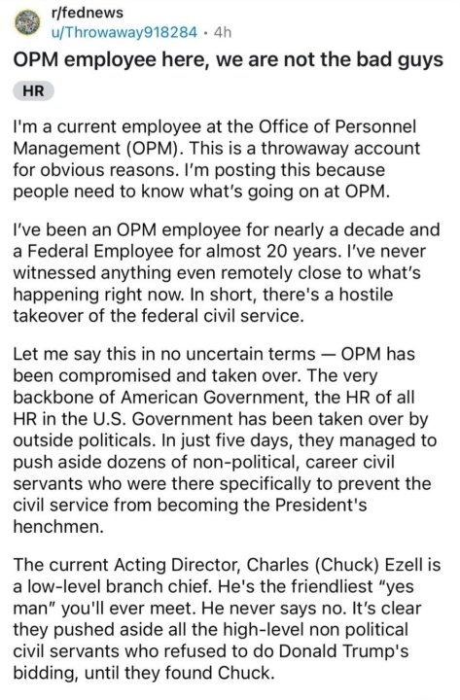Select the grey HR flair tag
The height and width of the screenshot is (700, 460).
pos(33,90)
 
